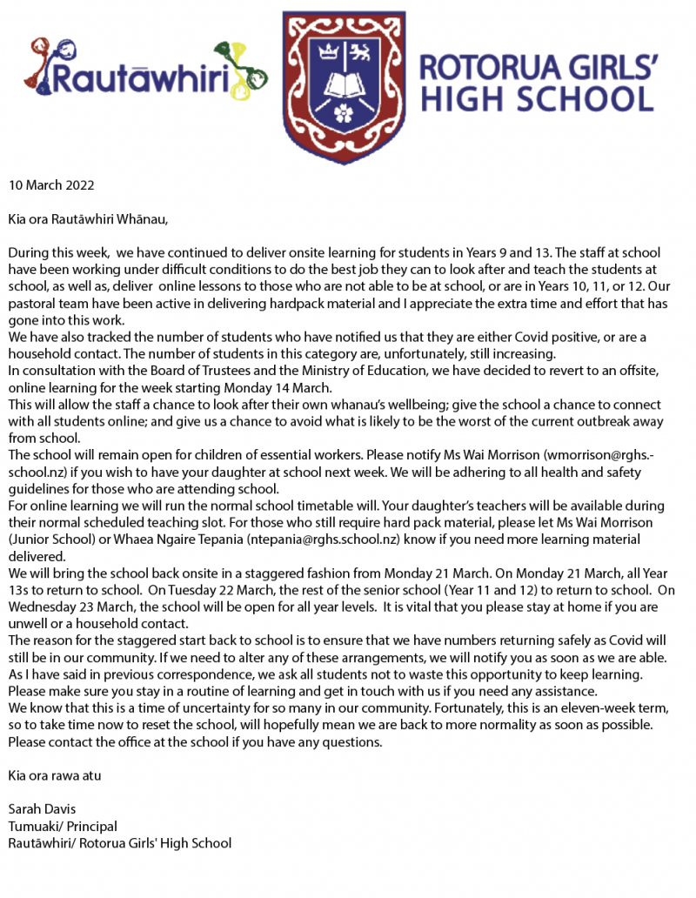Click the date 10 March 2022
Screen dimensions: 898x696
pyautogui.click(x=51, y=185)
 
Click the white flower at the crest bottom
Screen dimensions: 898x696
pyautogui.click(x=345, y=111)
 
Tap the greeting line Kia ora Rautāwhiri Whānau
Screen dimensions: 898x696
pyautogui.click(x=88, y=218)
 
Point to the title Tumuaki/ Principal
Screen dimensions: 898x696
pyautogui.click(x=63, y=826)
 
